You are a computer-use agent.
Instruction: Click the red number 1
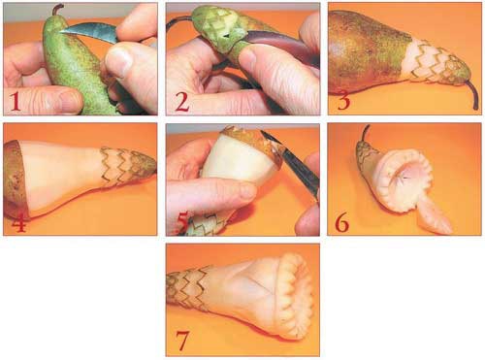[x=15, y=101]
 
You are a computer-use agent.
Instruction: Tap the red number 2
[x=181, y=101]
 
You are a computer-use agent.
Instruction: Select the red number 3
[x=344, y=100]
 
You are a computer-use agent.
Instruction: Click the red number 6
[x=342, y=222]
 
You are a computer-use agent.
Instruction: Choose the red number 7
[x=181, y=341]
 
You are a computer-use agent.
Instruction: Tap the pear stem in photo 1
[x=58, y=11]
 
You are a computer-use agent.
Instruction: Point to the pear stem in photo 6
[x=365, y=133]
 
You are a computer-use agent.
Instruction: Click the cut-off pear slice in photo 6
[x=435, y=215]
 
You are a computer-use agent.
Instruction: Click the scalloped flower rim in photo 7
[x=295, y=296]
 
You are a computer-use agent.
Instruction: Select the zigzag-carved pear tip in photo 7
[x=188, y=287]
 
